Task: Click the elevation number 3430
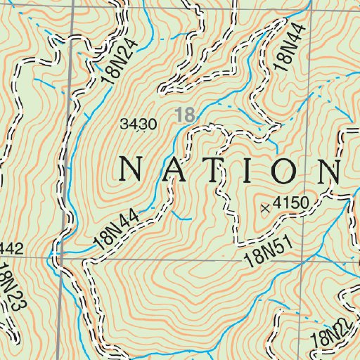[x=139, y=125]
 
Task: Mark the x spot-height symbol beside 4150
[x=265, y=207]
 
